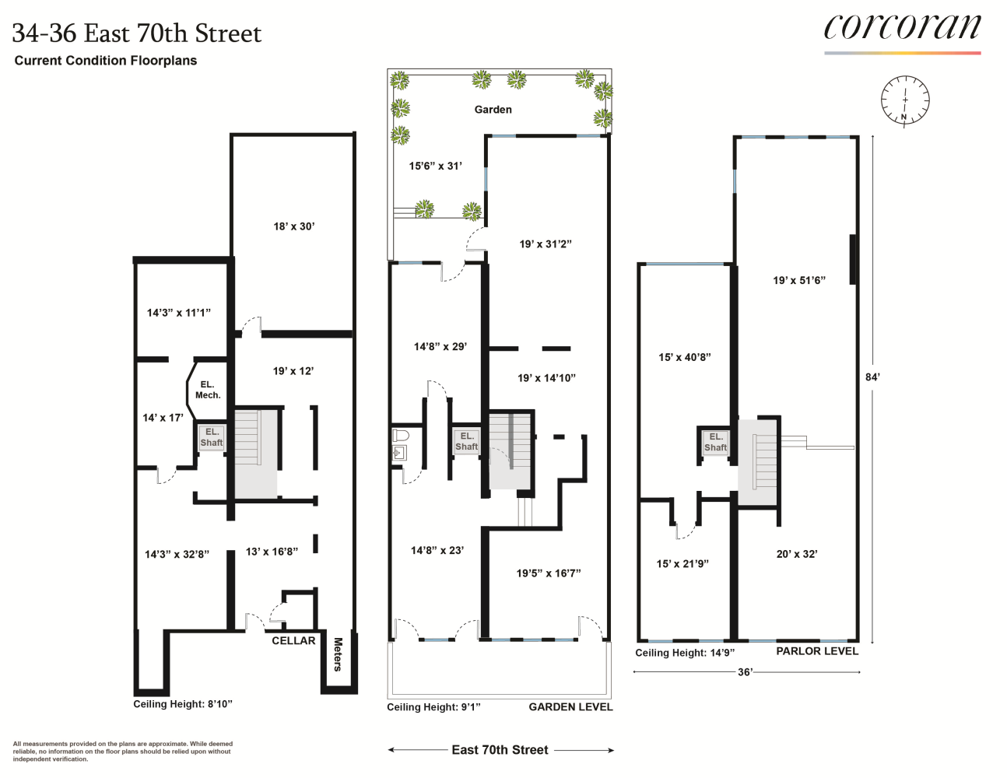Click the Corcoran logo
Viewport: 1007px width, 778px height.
902,28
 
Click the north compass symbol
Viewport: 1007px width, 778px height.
904,100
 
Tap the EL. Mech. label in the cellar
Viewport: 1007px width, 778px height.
207,390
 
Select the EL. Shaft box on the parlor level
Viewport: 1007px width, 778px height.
715,442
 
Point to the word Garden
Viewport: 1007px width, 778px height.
493,110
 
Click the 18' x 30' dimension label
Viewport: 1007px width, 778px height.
293,226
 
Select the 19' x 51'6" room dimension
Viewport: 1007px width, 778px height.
798,280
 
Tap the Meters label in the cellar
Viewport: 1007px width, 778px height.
338,654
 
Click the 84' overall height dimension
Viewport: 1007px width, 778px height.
872,377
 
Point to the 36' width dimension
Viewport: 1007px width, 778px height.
745,672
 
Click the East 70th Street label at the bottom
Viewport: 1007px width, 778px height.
500,750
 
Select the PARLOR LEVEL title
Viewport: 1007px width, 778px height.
817,651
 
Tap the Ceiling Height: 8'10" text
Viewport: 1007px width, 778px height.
183,704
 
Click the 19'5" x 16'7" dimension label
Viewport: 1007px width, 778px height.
549,573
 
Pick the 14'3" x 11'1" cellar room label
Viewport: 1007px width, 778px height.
178,313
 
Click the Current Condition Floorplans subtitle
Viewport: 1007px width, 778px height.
106,61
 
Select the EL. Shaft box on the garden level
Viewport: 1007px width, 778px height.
466,441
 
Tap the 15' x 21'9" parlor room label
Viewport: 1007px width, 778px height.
682,563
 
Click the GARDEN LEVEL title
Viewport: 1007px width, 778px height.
570,707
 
